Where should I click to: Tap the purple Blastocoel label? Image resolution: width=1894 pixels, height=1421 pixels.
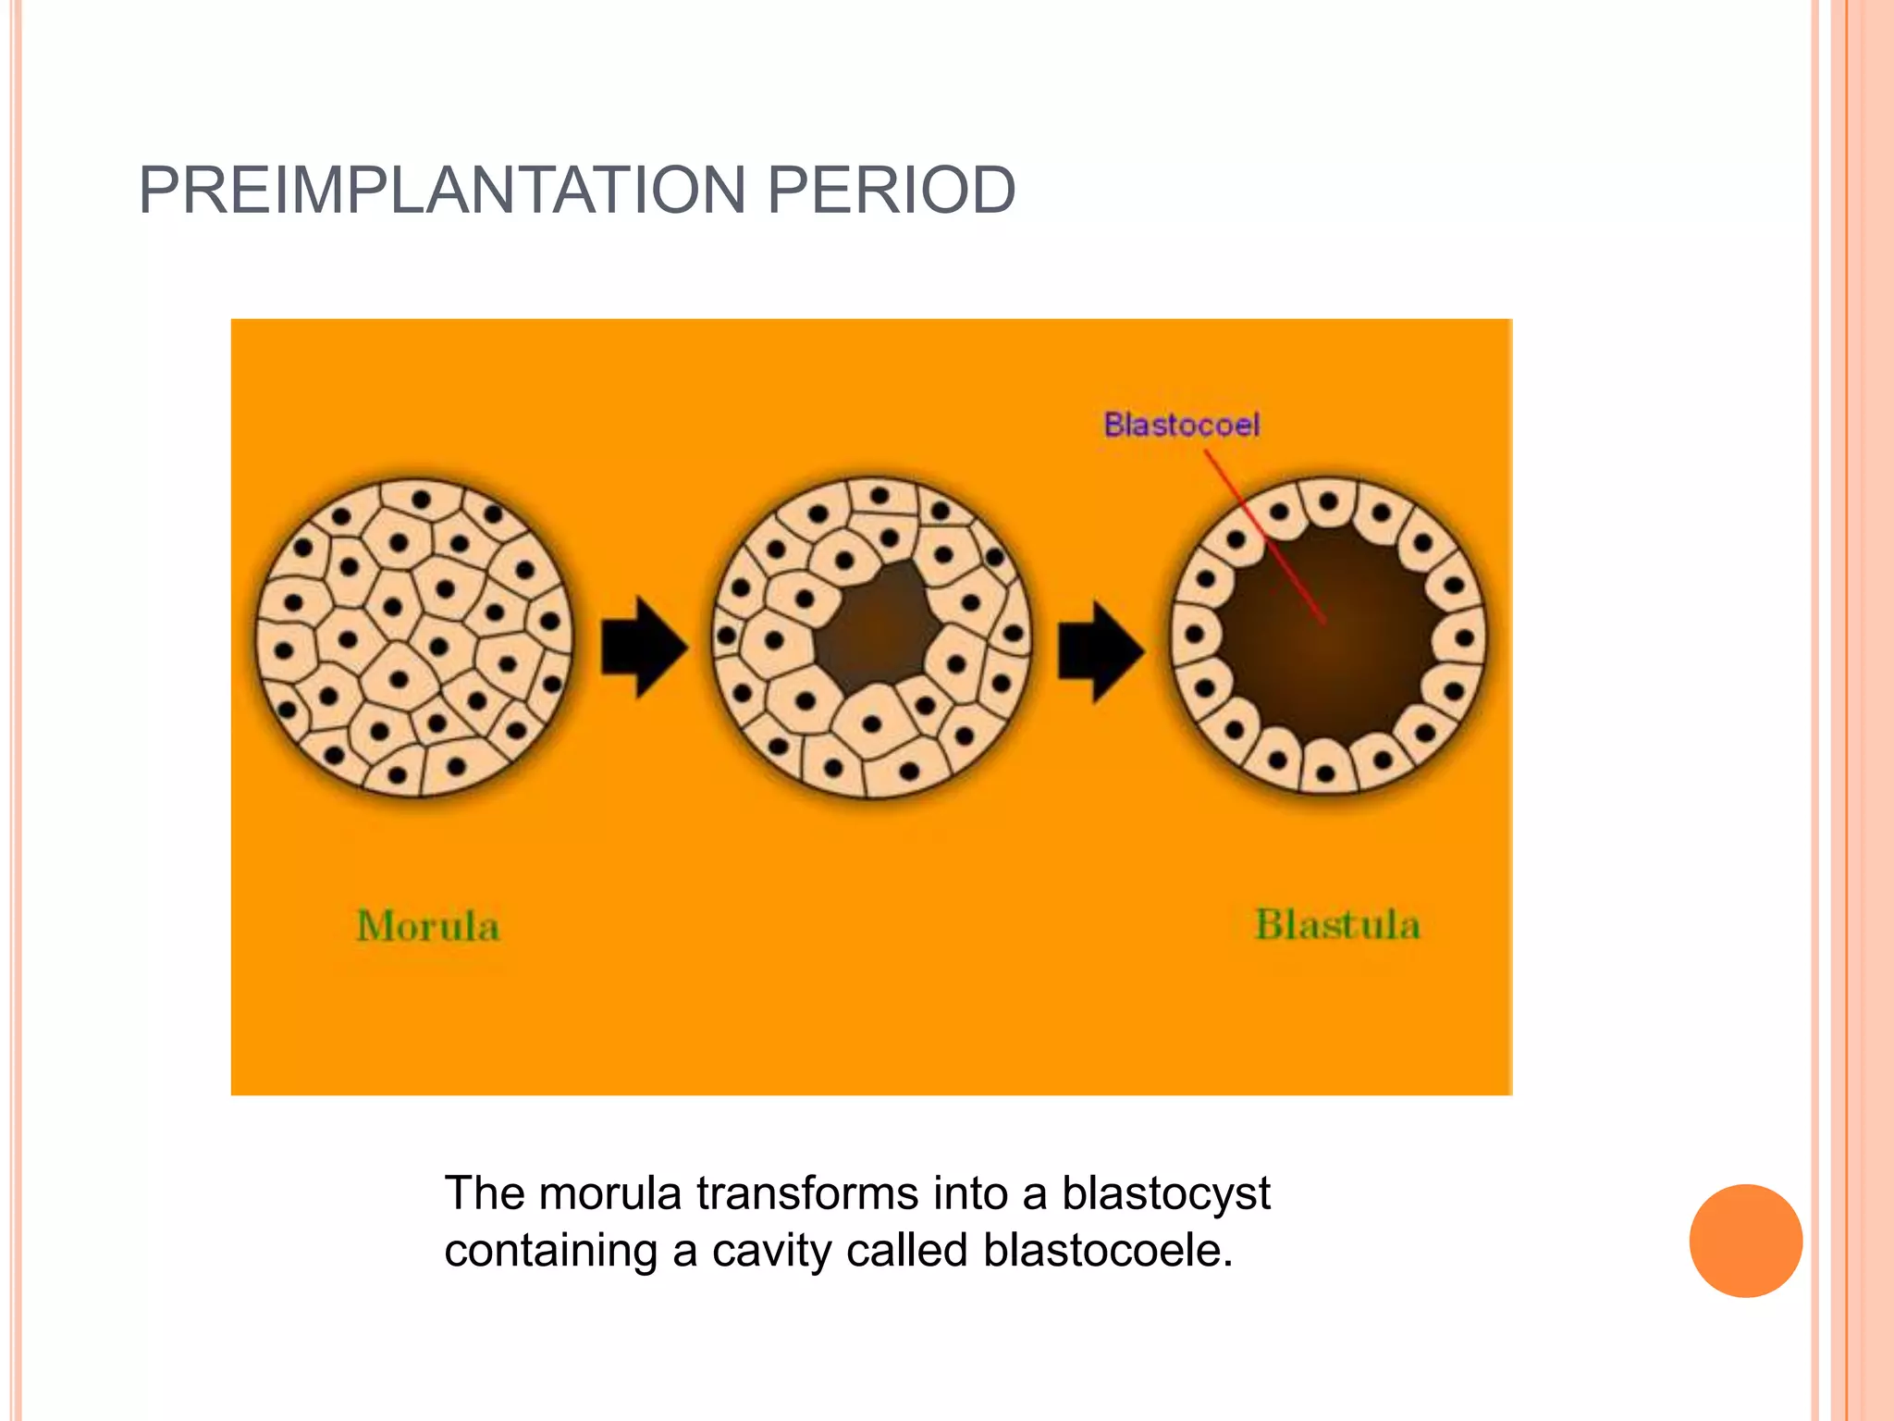click(1181, 425)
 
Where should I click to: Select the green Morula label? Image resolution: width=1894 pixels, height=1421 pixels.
click(427, 926)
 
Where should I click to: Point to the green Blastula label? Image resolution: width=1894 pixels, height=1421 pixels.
click(1336, 925)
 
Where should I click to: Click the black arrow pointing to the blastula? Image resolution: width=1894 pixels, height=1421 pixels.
click(1100, 650)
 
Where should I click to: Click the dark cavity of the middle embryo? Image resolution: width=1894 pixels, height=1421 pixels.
click(875, 628)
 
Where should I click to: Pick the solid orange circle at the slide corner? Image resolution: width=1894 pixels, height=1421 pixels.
click(1745, 1241)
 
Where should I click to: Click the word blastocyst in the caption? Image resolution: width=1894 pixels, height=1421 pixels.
click(1165, 1193)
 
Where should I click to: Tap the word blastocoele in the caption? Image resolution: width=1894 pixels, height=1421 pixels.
click(1107, 1251)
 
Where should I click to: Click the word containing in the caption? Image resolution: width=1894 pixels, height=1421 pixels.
click(550, 1251)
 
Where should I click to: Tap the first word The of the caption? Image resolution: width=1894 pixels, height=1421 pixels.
click(485, 1193)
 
